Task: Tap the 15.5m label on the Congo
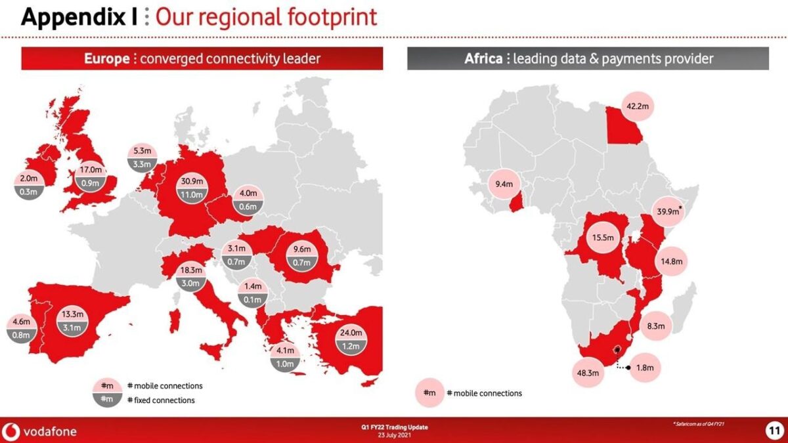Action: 598,238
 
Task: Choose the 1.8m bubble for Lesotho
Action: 646,368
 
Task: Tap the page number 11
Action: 774,431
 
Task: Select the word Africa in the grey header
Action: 483,59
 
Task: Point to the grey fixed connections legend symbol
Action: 106,399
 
